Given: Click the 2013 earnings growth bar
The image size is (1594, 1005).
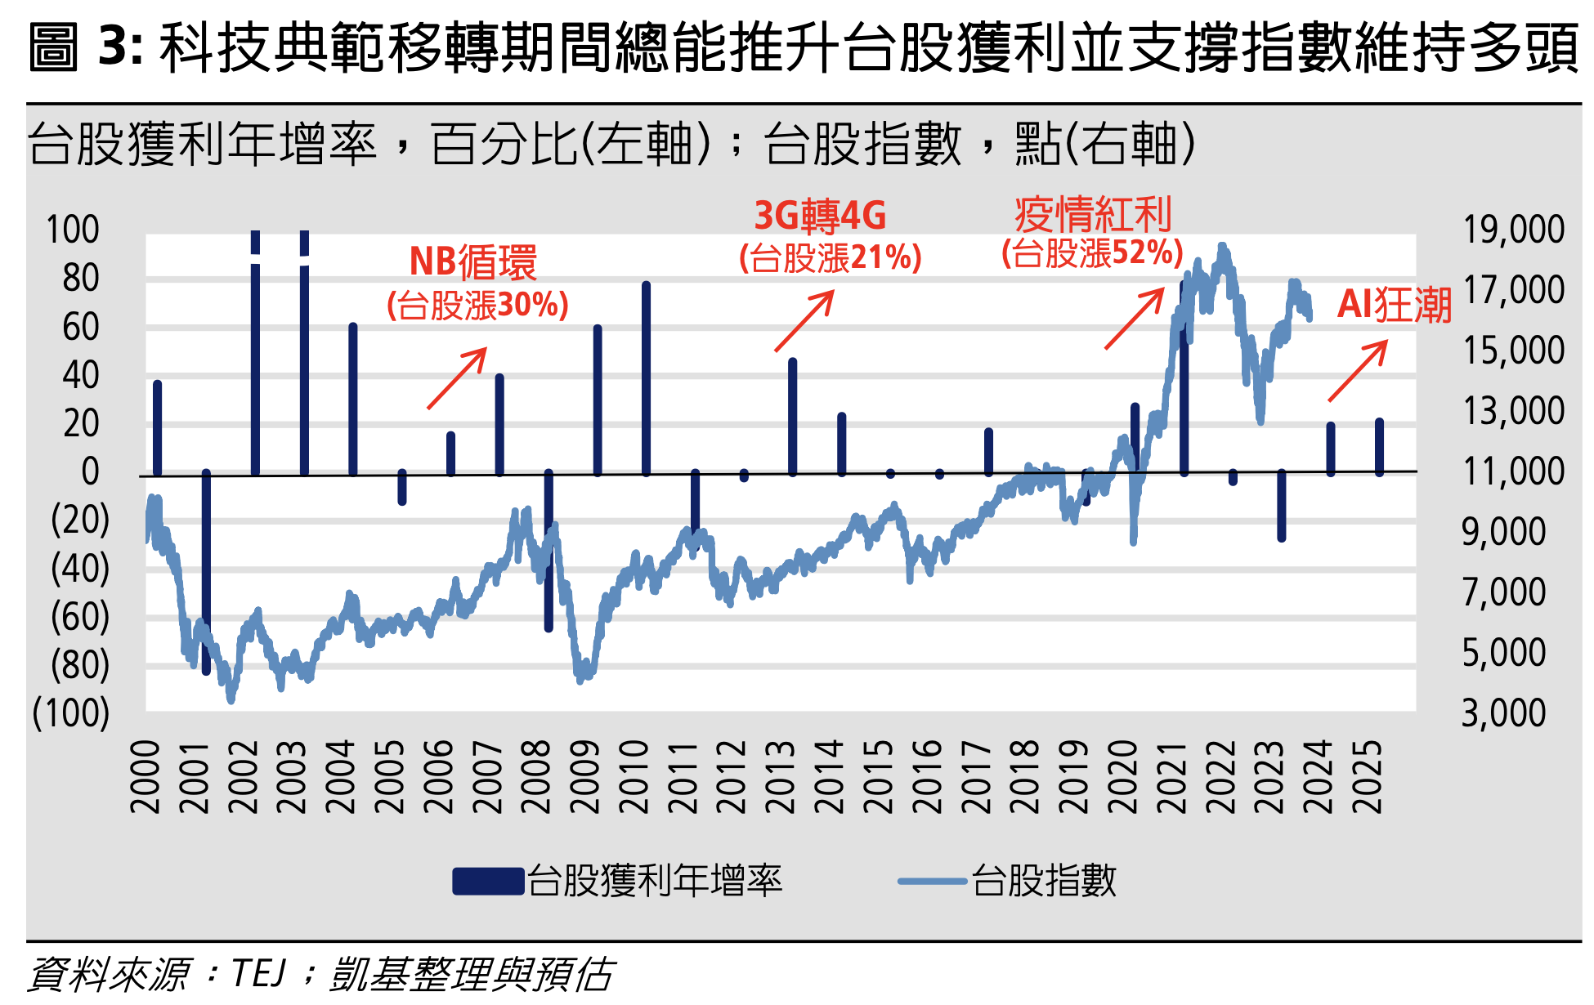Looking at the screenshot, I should pos(792,417).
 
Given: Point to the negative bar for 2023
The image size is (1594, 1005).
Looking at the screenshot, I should pos(1281,506).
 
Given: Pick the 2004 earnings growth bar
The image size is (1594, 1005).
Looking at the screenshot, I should pos(353,400).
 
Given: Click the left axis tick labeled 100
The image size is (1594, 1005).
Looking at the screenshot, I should pos(72,230).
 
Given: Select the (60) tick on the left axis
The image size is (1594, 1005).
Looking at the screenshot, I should pos(79,617).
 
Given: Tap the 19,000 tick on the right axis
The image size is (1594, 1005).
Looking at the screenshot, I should pos(1513,230).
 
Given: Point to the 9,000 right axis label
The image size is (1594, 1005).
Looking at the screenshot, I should pos(1504,532).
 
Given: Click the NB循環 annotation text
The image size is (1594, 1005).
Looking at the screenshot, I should pos(472,263).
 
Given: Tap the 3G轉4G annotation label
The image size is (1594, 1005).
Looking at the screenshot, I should pos(820,217).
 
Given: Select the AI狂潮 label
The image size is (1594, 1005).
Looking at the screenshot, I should pos(1394,306).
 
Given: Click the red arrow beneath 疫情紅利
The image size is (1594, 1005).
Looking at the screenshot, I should pos(1135,319).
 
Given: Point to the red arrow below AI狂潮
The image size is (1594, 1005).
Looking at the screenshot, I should pos(1358,371).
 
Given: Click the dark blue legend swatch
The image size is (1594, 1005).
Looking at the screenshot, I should pos(488,882).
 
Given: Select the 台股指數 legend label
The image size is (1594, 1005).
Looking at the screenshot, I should pos(1044,882).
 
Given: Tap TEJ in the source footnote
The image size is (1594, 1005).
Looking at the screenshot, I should pos(259,974).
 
